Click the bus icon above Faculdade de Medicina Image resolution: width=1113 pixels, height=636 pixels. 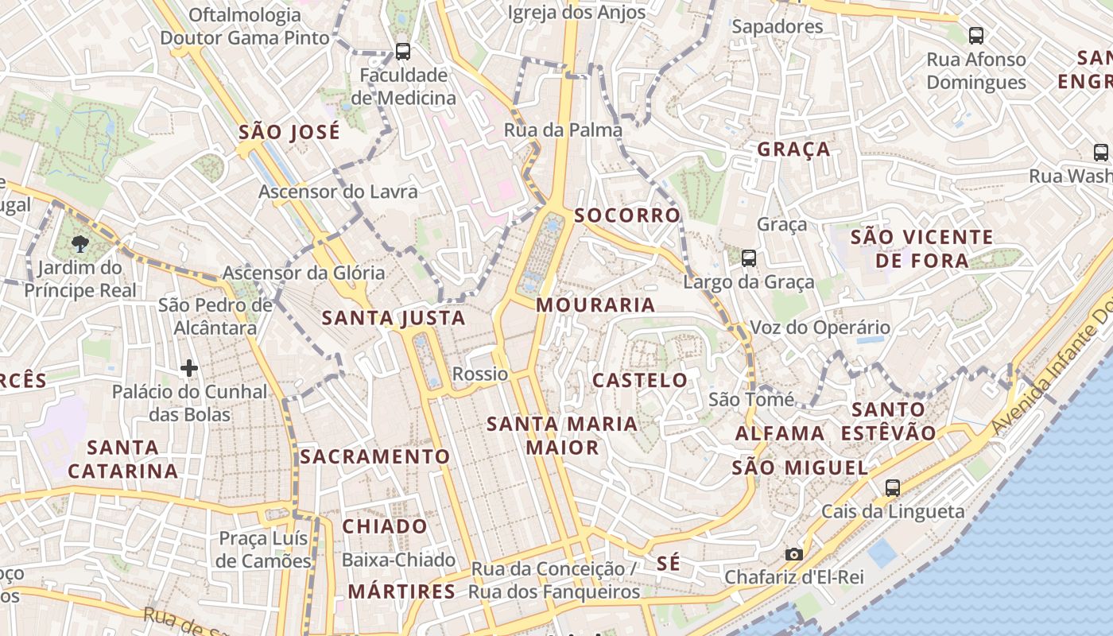pos(403,52)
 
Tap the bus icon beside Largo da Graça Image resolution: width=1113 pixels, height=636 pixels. pos(748,258)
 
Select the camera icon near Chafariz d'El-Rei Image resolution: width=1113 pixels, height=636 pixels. pos(793,554)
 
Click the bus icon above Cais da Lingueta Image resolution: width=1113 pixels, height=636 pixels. pos(893,488)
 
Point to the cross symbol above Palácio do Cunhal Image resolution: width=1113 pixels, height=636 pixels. pos(188,368)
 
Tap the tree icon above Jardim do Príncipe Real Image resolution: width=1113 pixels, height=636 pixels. pos(79,243)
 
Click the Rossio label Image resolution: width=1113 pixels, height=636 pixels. pos(479,374)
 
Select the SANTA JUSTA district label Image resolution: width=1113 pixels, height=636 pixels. pos(394,319)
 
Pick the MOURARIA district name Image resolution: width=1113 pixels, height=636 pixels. pos(595,305)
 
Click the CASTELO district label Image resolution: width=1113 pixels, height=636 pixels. pos(640,380)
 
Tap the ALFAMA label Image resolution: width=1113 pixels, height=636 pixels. pos(780,433)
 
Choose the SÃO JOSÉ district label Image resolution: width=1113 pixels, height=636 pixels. pos(289,132)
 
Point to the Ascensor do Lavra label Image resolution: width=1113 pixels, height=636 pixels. pos(338,192)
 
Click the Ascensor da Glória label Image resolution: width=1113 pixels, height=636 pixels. pos(304,273)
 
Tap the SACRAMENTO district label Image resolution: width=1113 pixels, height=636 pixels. pos(375,456)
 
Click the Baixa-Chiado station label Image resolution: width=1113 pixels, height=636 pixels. pos(398,560)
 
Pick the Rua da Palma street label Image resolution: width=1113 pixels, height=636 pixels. pos(563,130)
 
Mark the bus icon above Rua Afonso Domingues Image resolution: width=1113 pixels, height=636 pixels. pos(975,36)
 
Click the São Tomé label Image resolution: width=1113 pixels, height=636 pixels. pos(751,399)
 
